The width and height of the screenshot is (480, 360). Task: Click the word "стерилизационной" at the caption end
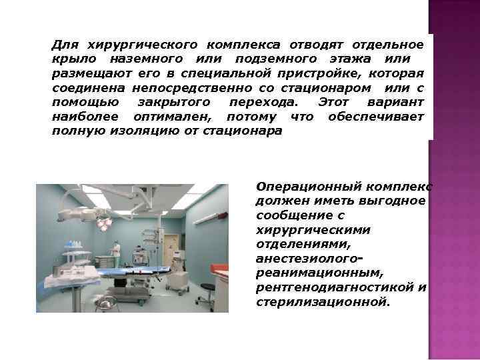321,302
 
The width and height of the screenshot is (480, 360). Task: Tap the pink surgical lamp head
105,223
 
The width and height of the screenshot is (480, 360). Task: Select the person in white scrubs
117,253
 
